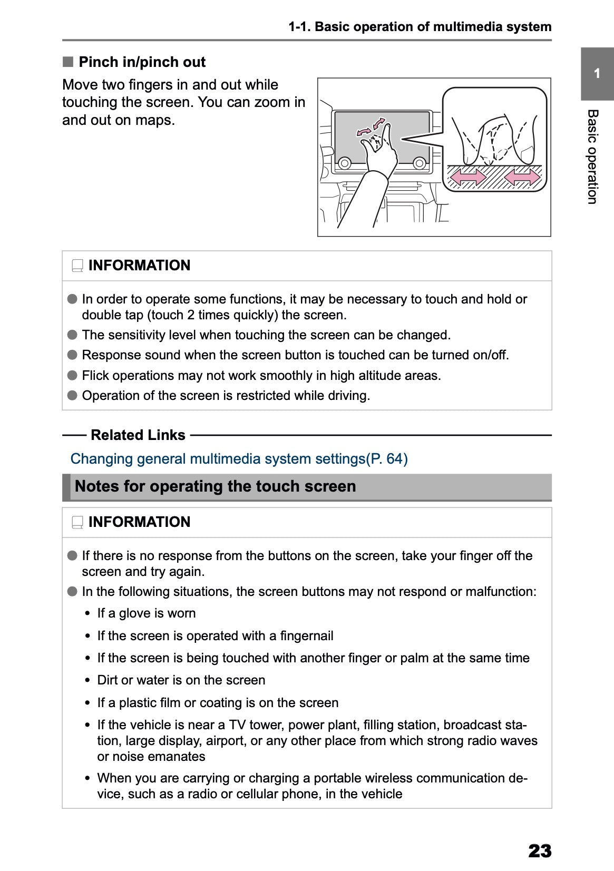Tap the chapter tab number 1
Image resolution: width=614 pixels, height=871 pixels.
pos(597,74)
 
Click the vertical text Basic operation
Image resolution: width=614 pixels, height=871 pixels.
pos(592,156)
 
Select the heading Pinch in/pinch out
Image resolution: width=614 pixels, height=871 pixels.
pos(141,62)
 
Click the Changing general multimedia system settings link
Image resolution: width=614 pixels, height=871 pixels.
pos(239,458)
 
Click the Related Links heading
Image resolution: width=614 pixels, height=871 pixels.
pos(138,435)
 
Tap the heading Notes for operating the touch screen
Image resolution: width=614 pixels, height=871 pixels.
pos(215,486)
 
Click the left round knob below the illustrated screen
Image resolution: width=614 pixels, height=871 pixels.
pos(345,163)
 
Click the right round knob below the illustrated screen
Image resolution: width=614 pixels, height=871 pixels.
pos(419,163)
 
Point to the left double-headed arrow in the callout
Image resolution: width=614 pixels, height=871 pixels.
pos(468,178)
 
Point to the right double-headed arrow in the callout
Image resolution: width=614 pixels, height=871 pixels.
pos(522,178)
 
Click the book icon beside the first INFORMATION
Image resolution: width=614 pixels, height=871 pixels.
pos(77,266)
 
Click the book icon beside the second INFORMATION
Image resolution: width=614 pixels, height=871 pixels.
pos(77,522)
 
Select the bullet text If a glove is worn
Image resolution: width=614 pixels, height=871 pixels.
pos(146,613)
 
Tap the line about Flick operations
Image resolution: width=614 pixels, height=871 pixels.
pos(261,376)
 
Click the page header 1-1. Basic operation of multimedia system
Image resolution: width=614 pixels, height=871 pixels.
pos(420,27)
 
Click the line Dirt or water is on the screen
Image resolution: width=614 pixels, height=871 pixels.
pos(181,680)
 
